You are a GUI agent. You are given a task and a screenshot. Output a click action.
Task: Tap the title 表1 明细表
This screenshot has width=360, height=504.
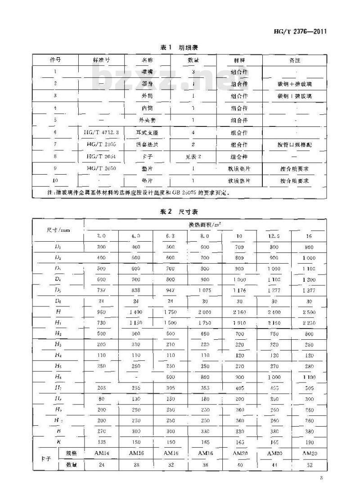(180, 48)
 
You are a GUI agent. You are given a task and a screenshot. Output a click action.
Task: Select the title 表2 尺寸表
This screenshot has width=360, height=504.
(180, 211)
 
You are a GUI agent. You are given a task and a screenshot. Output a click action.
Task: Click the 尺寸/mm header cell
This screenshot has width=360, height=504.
(58, 229)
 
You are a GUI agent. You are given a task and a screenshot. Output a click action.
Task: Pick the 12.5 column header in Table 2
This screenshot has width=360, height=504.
(274, 235)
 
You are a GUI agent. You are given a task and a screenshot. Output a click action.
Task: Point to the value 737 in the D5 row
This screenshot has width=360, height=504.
(100, 291)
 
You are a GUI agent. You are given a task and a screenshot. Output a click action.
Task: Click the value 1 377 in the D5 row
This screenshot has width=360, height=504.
(308, 291)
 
